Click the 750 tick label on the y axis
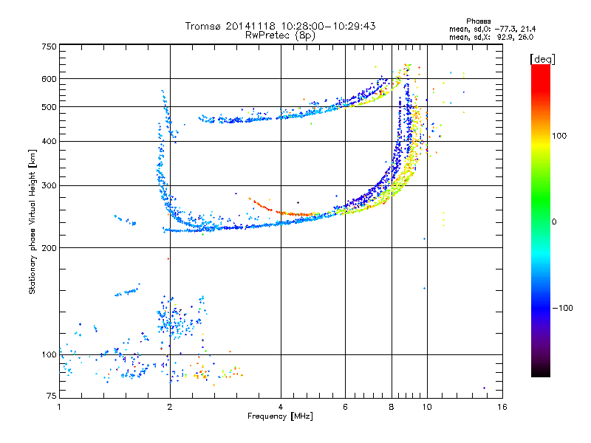[x=49, y=46]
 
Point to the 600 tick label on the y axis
[x=49, y=78]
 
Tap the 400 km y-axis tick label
[x=49, y=141]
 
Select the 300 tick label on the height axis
[x=49, y=185]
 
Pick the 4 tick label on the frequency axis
[x=281, y=407]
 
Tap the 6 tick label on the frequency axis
[x=346, y=407]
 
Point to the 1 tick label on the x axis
[x=60, y=407]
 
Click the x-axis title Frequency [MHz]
[x=280, y=417]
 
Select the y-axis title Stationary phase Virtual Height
[x=33, y=221]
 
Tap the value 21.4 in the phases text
[x=525, y=29]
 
